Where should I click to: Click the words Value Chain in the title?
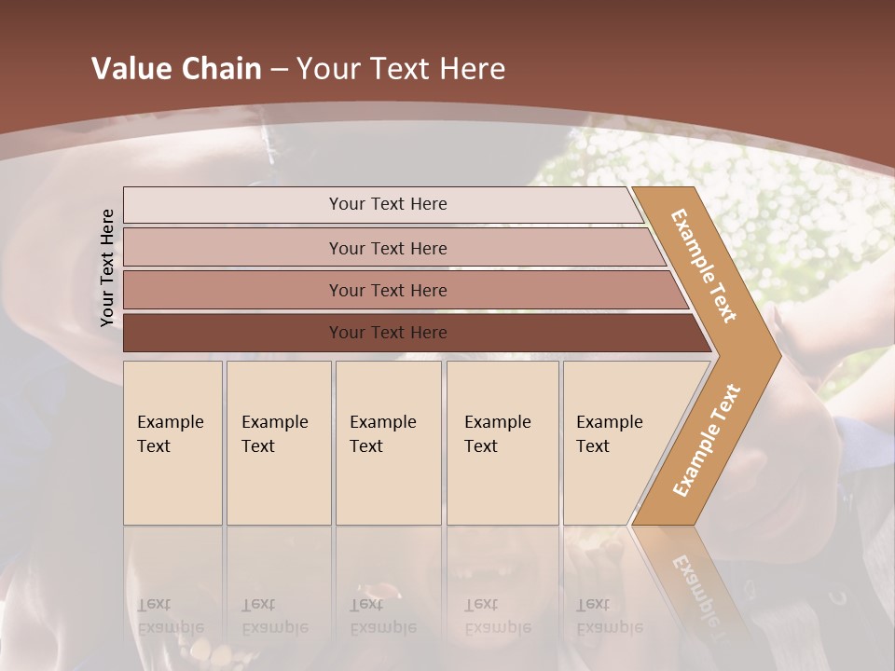[x=176, y=69]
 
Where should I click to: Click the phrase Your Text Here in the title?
[x=401, y=69]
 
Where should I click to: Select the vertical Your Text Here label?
[x=107, y=267]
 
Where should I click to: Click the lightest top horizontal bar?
[x=387, y=204]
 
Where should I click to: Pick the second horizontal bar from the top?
[x=387, y=248]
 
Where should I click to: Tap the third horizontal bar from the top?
[x=387, y=290]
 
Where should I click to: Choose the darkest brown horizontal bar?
[x=387, y=333]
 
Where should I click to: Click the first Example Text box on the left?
[x=172, y=443]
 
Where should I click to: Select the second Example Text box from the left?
[x=278, y=443]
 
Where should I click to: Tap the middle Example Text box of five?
[x=388, y=443]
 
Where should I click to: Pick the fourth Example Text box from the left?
[x=503, y=443]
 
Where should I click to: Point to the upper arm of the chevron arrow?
[x=705, y=266]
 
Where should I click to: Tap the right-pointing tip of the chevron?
[x=770, y=355]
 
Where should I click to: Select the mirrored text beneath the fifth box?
[x=609, y=616]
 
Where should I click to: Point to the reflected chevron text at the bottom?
[x=695, y=587]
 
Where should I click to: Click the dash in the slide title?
[x=278, y=70]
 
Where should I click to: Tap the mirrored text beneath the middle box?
[x=382, y=616]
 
